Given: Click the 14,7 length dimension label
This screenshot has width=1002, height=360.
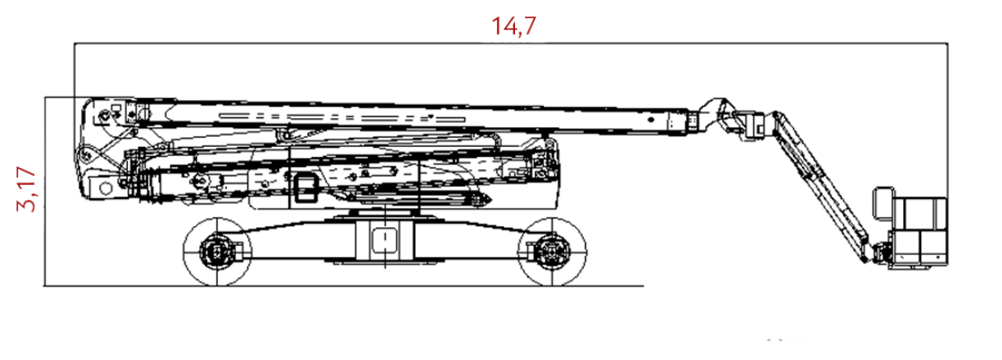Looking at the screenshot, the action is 513,26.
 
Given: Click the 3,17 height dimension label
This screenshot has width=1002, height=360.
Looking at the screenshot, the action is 26,189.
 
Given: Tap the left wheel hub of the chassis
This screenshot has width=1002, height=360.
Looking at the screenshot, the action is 217,252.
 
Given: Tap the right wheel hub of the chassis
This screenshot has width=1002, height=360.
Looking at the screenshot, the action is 551,252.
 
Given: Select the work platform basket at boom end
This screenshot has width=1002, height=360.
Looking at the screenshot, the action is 918,233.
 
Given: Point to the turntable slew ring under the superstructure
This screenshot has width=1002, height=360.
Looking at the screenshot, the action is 385,215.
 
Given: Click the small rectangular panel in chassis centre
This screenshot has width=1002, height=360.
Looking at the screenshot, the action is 385,240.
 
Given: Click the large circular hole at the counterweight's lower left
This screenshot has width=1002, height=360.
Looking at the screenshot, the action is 106,188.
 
